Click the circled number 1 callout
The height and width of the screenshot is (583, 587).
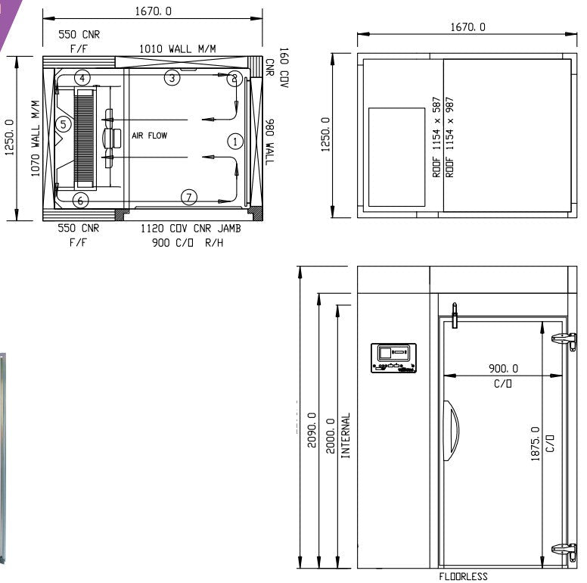pyautogui.click(x=235, y=141)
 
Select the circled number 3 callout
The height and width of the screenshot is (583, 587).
pyautogui.click(x=172, y=77)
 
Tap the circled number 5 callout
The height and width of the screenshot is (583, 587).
pyautogui.click(x=64, y=123)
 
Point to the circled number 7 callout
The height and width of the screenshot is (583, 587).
pyautogui.click(x=189, y=197)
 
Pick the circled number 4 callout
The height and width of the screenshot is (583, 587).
pyautogui.click(x=82, y=77)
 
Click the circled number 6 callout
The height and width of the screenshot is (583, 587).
pyautogui.click(x=81, y=200)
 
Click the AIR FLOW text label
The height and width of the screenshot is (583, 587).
pyautogui.click(x=149, y=136)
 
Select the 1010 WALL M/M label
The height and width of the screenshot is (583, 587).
pyautogui.click(x=177, y=48)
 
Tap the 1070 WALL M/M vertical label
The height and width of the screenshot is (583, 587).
pyautogui.click(x=35, y=139)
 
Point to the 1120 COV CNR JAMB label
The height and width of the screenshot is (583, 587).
pyautogui.click(x=191, y=229)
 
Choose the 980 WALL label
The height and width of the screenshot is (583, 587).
pyautogui.click(x=270, y=142)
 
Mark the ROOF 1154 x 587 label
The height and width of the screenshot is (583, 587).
pyautogui.click(x=436, y=136)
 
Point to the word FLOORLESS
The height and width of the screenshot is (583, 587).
pyautogui.click(x=463, y=577)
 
